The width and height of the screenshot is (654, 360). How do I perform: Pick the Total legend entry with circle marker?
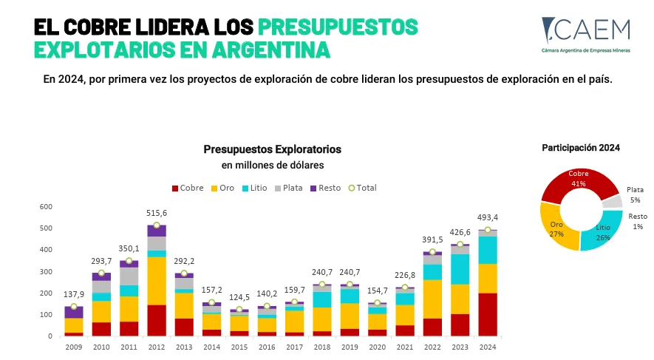click(x=361, y=188)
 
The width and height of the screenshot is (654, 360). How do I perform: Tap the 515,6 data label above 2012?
click(x=157, y=213)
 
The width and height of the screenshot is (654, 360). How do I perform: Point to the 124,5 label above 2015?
click(x=239, y=298)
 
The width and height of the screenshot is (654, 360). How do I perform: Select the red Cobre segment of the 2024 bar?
click(x=487, y=314)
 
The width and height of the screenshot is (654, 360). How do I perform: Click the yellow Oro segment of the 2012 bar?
click(x=157, y=280)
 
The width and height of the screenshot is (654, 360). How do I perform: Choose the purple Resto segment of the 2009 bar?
click(x=74, y=312)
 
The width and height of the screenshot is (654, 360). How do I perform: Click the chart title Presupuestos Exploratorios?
click(x=273, y=149)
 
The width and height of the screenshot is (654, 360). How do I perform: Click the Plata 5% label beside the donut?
click(x=635, y=194)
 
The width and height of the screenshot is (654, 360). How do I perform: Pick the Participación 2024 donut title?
click(x=581, y=148)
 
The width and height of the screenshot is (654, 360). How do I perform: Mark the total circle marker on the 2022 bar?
click(x=432, y=252)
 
